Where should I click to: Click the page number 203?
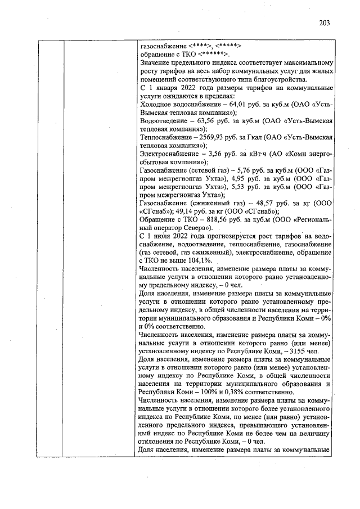[x=323, y=23]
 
